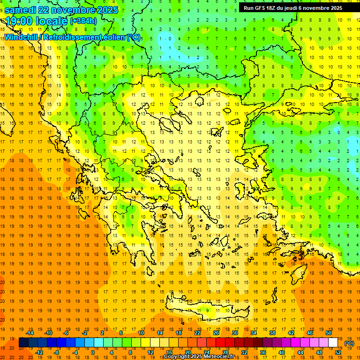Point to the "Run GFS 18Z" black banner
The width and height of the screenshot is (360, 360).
pyautogui.click(x=293, y=7)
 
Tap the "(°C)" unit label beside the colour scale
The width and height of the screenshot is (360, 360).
pyautogui.click(x=349, y=343)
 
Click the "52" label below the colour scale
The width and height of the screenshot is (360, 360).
pyautogui.click(x=338, y=352)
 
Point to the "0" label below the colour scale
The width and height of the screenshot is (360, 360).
pyautogui.click(x=93, y=352)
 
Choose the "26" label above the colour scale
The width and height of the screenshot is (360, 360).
pyautogui.click(x=216, y=333)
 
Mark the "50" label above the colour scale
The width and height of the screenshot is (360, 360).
pyautogui.click(x=329, y=333)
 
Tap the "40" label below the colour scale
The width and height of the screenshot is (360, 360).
pyautogui.click(x=282, y=352)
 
